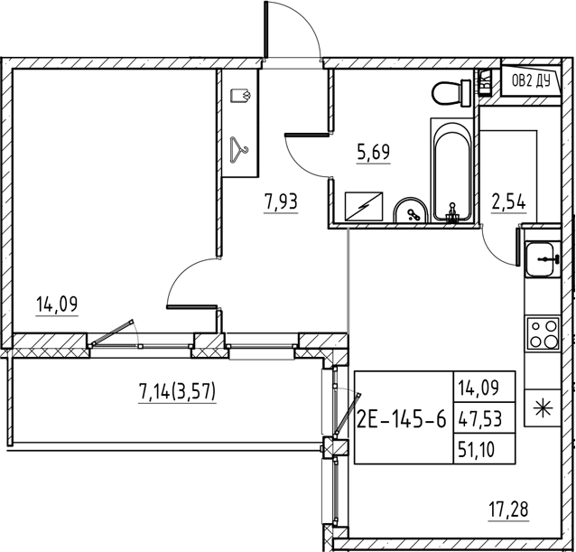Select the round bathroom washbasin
tap(413, 211)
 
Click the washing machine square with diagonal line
tap(367, 207)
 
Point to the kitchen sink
tap(543, 260)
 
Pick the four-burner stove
tap(543, 334)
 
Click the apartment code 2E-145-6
tap(401, 417)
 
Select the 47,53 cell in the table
tap(482, 417)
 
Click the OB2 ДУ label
tap(530, 80)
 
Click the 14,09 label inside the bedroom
tap(57, 304)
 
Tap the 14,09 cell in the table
tap(482, 388)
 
